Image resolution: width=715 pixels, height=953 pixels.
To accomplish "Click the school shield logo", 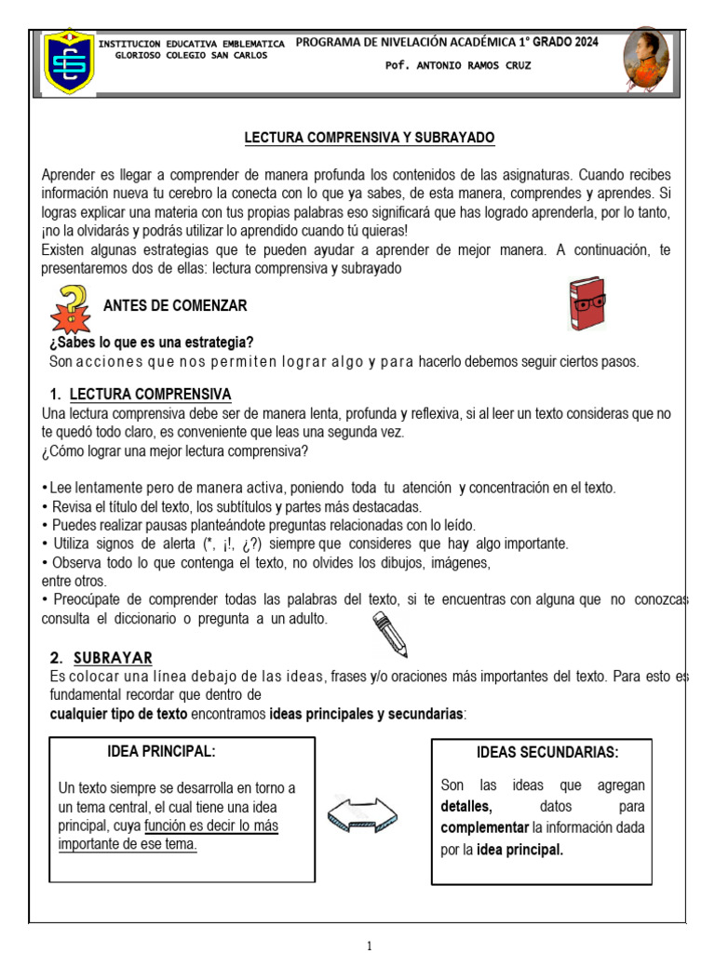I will [x=70, y=61].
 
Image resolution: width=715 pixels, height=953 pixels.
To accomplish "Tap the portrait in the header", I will [x=645, y=60].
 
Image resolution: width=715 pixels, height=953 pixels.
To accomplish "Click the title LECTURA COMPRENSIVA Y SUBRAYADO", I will [x=370, y=138].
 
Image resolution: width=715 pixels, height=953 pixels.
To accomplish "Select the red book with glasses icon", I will [x=587, y=303].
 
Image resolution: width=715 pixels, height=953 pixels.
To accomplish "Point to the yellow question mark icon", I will [x=72, y=311].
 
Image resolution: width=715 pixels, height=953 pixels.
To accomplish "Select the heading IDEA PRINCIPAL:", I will [x=162, y=751].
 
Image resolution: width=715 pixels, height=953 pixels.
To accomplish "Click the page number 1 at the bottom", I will [x=370, y=946].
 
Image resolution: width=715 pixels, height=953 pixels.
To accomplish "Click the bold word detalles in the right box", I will [x=466, y=806].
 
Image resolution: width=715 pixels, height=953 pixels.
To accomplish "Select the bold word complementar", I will [x=484, y=827].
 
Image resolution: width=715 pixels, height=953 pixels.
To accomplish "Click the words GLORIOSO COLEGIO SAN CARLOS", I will [x=191, y=55].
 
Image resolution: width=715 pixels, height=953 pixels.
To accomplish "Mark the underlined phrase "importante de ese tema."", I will [x=128, y=845].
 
